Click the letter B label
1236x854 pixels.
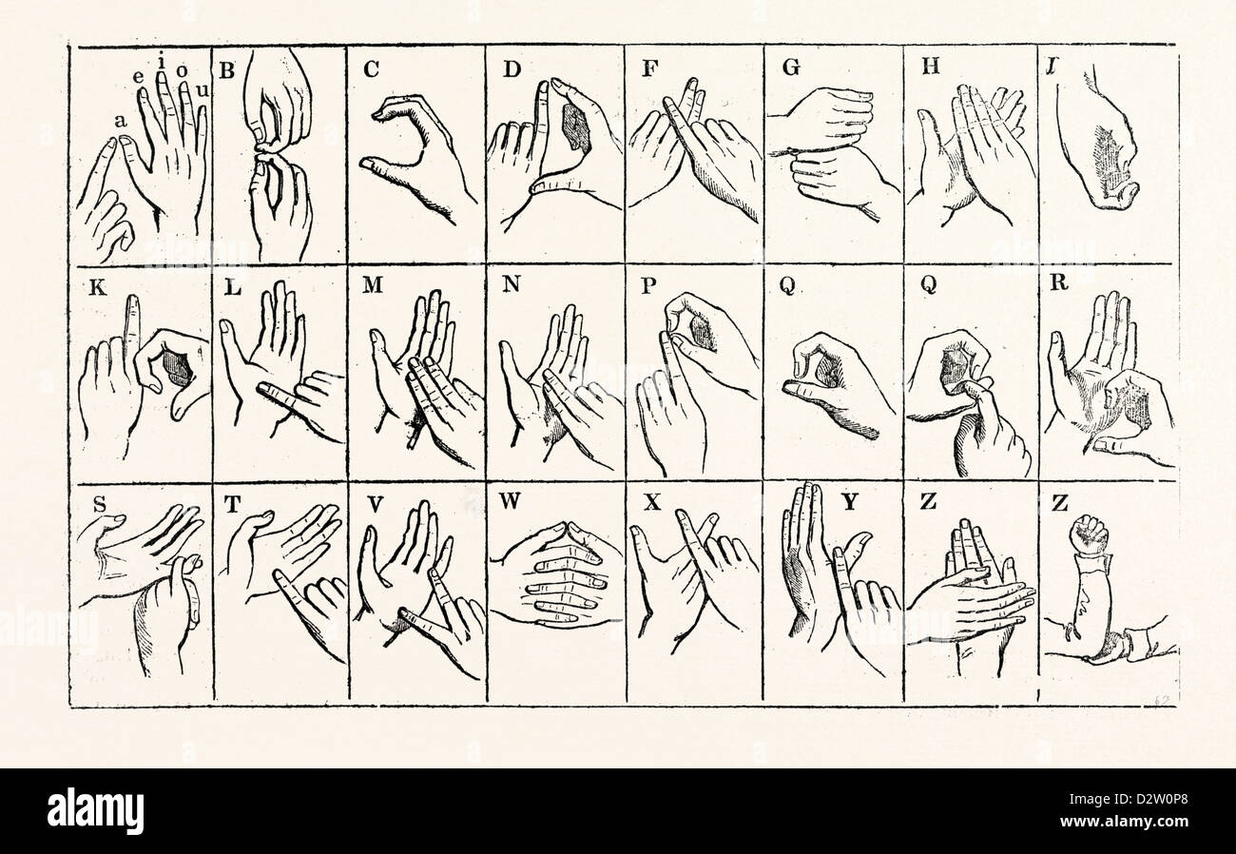pyautogui.click(x=227, y=71)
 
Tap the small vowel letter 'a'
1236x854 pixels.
pyautogui.click(x=121, y=122)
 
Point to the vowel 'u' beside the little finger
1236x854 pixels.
pyautogui.click(x=203, y=90)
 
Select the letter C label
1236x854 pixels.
pyautogui.click(x=372, y=69)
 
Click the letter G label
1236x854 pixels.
pyautogui.click(x=791, y=68)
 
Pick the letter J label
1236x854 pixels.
pyautogui.click(x=1053, y=67)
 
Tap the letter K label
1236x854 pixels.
pyautogui.click(x=98, y=287)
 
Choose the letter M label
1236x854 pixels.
pyautogui.click(x=373, y=285)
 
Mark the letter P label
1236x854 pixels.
pyautogui.click(x=648, y=286)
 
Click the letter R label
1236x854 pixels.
pyautogui.click(x=1059, y=282)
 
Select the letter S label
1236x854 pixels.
pyautogui.click(x=100, y=504)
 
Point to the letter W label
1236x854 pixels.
pyautogui.click(x=511, y=501)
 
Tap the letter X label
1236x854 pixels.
pyautogui.click(x=653, y=503)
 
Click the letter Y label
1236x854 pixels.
pyautogui.click(x=850, y=502)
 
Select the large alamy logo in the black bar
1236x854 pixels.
pyautogui.click(x=95, y=811)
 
